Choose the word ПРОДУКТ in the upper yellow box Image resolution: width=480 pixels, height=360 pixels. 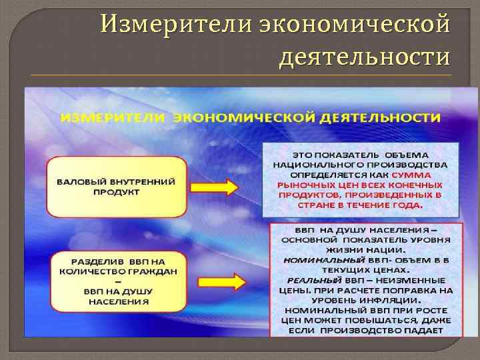(x=116, y=192)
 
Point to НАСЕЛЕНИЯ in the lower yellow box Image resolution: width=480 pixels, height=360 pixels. (x=117, y=301)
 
